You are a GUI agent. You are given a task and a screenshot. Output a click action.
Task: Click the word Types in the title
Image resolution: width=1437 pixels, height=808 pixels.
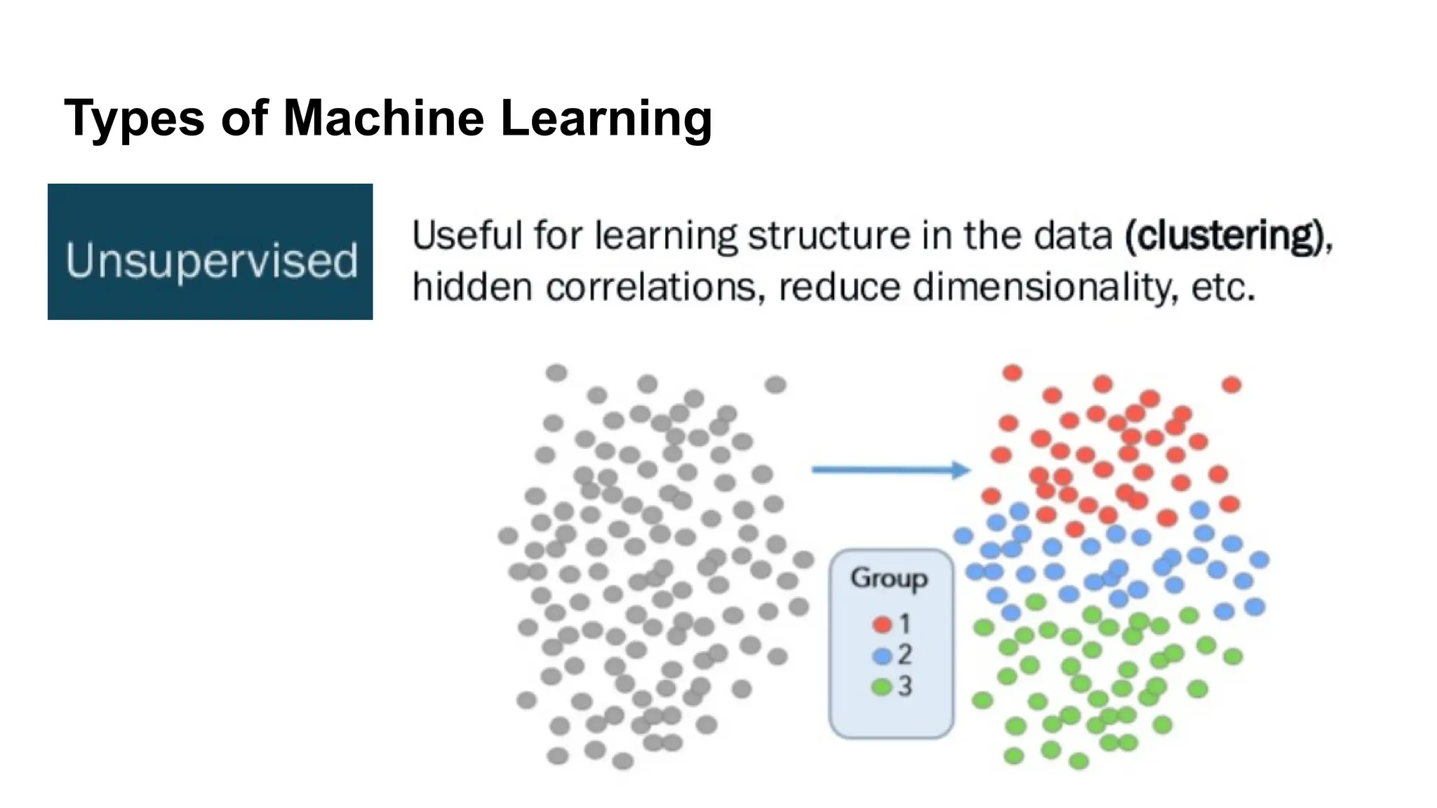pyautogui.click(x=134, y=118)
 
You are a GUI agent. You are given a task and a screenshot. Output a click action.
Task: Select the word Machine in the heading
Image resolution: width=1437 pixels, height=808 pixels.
pyautogui.click(x=383, y=118)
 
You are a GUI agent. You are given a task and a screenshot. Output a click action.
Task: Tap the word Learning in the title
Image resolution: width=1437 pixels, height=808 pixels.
pyautogui.click(x=606, y=118)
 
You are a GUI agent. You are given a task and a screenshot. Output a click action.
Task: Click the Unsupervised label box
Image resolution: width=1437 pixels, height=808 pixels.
pyautogui.click(x=210, y=252)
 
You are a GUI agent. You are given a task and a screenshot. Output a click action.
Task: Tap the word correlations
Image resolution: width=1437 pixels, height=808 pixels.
pyautogui.click(x=655, y=287)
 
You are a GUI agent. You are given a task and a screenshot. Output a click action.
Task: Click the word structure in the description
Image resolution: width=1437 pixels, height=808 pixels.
pyautogui.click(x=829, y=236)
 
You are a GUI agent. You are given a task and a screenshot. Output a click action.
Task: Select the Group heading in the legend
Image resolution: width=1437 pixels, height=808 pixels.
pyautogui.click(x=889, y=578)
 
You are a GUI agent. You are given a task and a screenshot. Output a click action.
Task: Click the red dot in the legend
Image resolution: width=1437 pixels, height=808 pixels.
pyautogui.click(x=882, y=624)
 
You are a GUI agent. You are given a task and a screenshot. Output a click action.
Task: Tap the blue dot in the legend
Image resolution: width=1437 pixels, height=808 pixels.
pyautogui.click(x=882, y=655)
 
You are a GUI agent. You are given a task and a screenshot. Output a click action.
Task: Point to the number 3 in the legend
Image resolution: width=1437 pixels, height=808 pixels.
pyautogui.click(x=905, y=686)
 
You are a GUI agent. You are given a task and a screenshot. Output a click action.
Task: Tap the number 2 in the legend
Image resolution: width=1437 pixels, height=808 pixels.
pyautogui.click(x=905, y=654)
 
